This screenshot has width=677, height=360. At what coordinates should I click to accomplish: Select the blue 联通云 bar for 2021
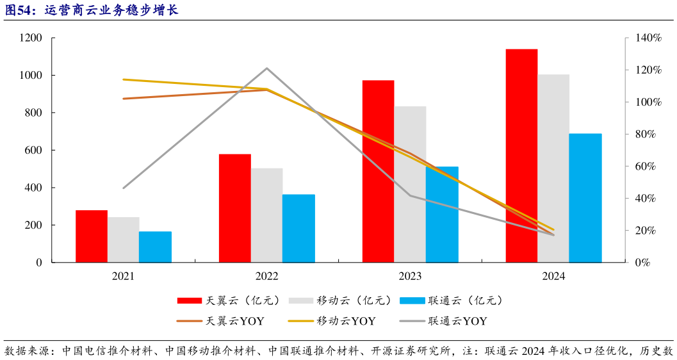tap(155, 247)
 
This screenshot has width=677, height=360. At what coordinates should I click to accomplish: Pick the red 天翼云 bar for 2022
tap(234, 208)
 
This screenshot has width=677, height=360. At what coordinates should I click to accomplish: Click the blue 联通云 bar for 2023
tap(442, 215)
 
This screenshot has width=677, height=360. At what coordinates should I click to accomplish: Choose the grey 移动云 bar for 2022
tap(266, 215)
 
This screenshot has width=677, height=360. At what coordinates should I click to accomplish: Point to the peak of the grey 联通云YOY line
tap(266, 68)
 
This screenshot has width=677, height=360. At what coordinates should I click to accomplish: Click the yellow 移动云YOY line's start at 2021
tap(123, 79)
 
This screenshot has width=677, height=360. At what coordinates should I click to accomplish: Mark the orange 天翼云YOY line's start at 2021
tap(123, 99)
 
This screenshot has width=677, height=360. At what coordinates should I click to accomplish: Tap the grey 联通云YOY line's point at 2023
tap(410, 195)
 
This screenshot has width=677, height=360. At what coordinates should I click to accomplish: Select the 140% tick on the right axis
tap(648, 38)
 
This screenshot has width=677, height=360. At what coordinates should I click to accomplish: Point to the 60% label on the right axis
tap(646, 167)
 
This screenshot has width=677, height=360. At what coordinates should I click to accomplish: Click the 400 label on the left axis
tap(32, 188)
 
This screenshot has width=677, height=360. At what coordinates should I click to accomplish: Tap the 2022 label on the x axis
tap(266, 276)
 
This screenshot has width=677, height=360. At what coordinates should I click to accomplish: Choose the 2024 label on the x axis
tap(553, 276)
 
